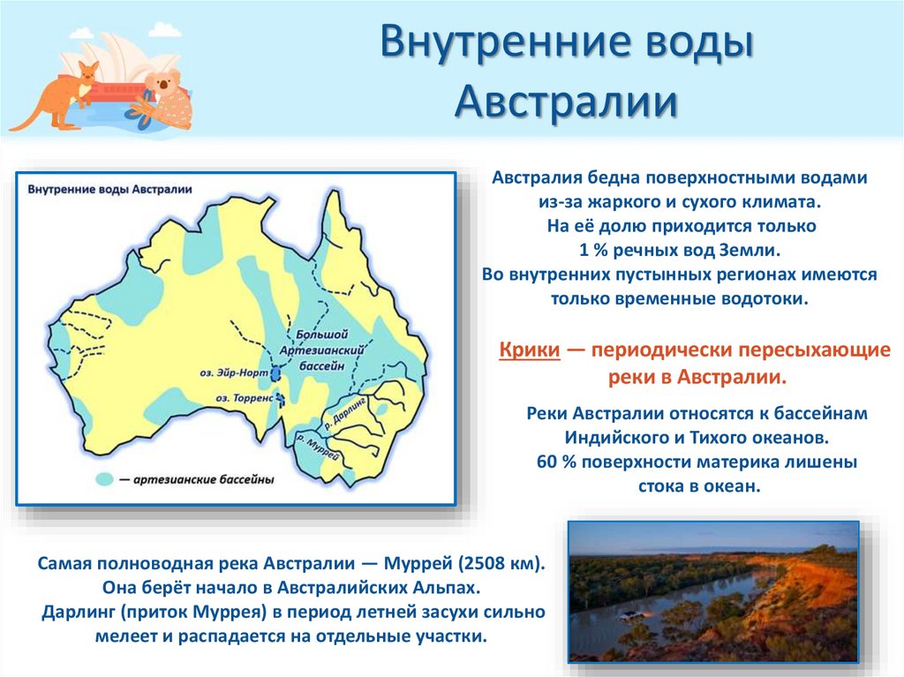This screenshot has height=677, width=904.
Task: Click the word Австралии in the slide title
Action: (566, 102)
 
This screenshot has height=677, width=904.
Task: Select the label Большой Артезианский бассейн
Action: (327, 351)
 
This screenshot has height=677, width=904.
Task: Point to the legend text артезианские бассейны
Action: (204, 480)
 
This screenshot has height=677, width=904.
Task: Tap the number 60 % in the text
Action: (552, 462)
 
